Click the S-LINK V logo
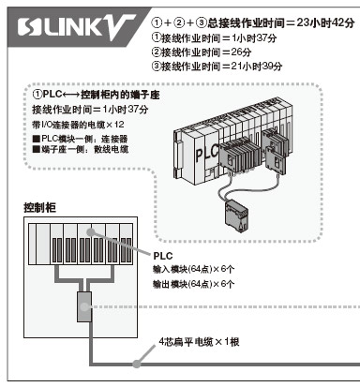pyautogui.click(x=76, y=27)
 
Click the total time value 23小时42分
pyautogui.click(x=325, y=22)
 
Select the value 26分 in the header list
pyautogui.click(x=241, y=52)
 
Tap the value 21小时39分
pyautogui.click(x=256, y=66)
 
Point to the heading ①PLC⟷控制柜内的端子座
pyautogui.click(x=96, y=95)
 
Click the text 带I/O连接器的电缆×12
pyautogui.click(x=78, y=125)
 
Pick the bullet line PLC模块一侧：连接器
pyautogui.click(x=81, y=139)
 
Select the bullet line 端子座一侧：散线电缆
pyautogui.click(x=81, y=149)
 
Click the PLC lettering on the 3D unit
pyautogui.click(x=207, y=154)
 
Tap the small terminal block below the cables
pyautogui.click(x=237, y=216)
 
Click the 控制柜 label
pyautogui.click(x=40, y=207)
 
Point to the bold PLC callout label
pyautogui.click(x=163, y=256)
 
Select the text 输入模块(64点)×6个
pyautogui.click(x=193, y=269)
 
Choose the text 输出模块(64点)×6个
pyautogui.click(x=193, y=284)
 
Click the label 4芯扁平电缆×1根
pyautogui.click(x=199, y=341)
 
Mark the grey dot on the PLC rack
pyautogui.click(x=90, y=232)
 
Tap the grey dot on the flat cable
pyautogui.click(x=136, y=364)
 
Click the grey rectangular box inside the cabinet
pyautogui.click(x=84, y=306)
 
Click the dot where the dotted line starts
pyautogui.click(x=83, y=306)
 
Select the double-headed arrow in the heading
pyautogui.click(x=71, y=95)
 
